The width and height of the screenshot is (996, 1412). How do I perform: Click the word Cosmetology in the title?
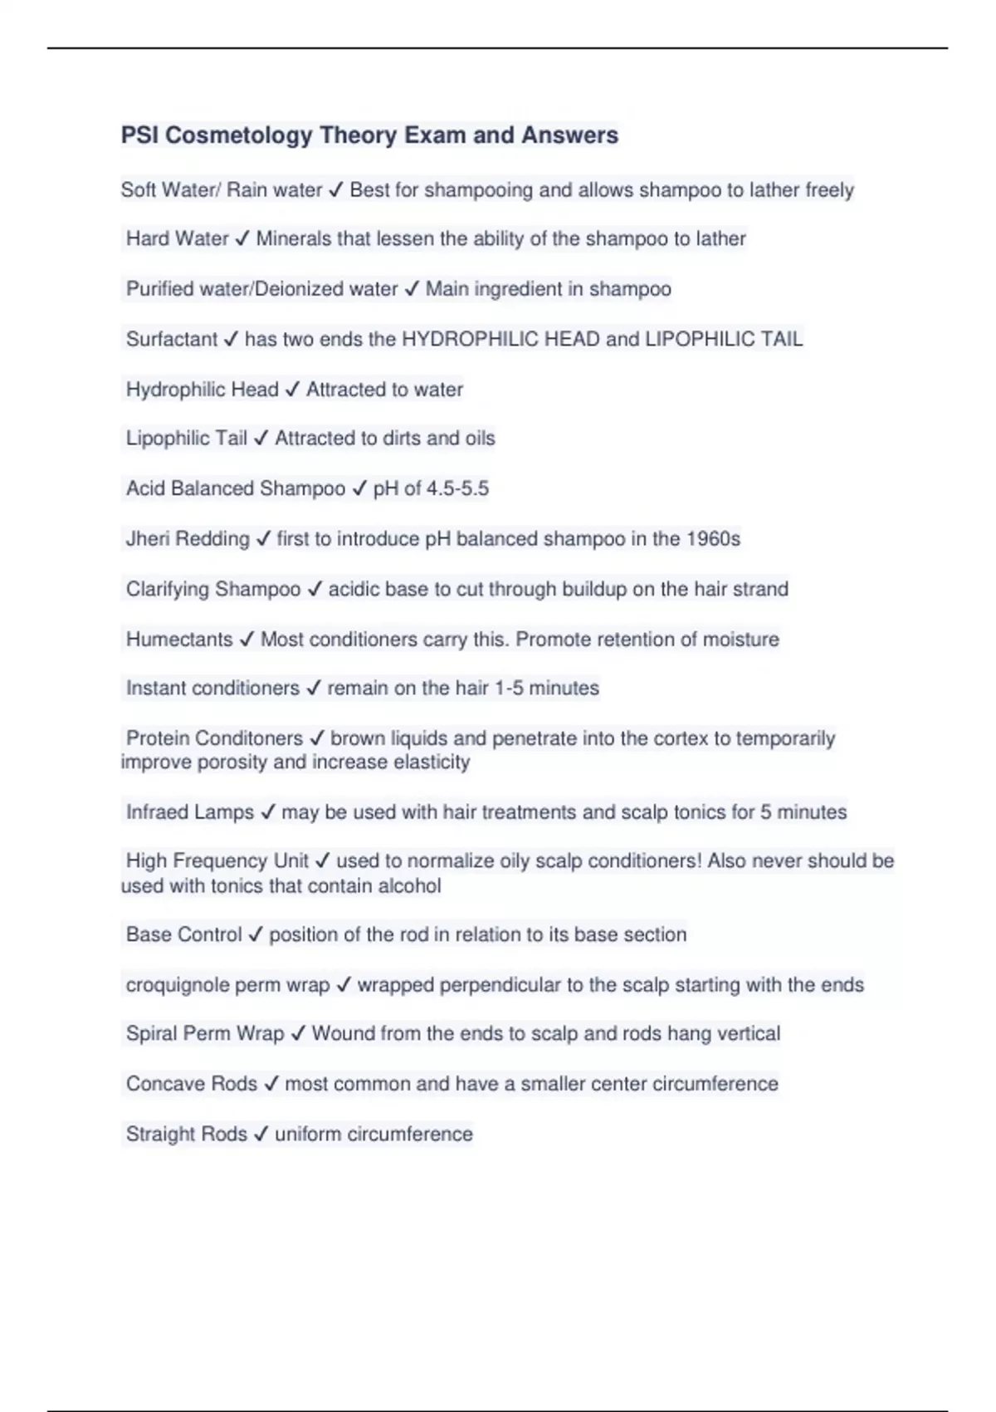click(x=238, y=135)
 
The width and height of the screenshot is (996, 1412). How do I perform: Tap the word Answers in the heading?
click(x=569, y=135)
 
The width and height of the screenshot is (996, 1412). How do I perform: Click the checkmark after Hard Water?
click(x=242, y=239)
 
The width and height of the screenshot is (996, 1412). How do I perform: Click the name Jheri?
click(x=147, y=539)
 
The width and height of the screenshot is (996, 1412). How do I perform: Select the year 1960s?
click(x=713, y=539)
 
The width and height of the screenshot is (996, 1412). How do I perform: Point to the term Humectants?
click(x=179, y=640)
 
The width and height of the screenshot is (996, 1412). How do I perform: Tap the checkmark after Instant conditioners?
click(x=313, y=689)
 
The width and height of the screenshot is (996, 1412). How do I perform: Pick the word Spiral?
click(x=150, y=1034)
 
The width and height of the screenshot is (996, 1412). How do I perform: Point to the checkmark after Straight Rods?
click(x=261, y=1135)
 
